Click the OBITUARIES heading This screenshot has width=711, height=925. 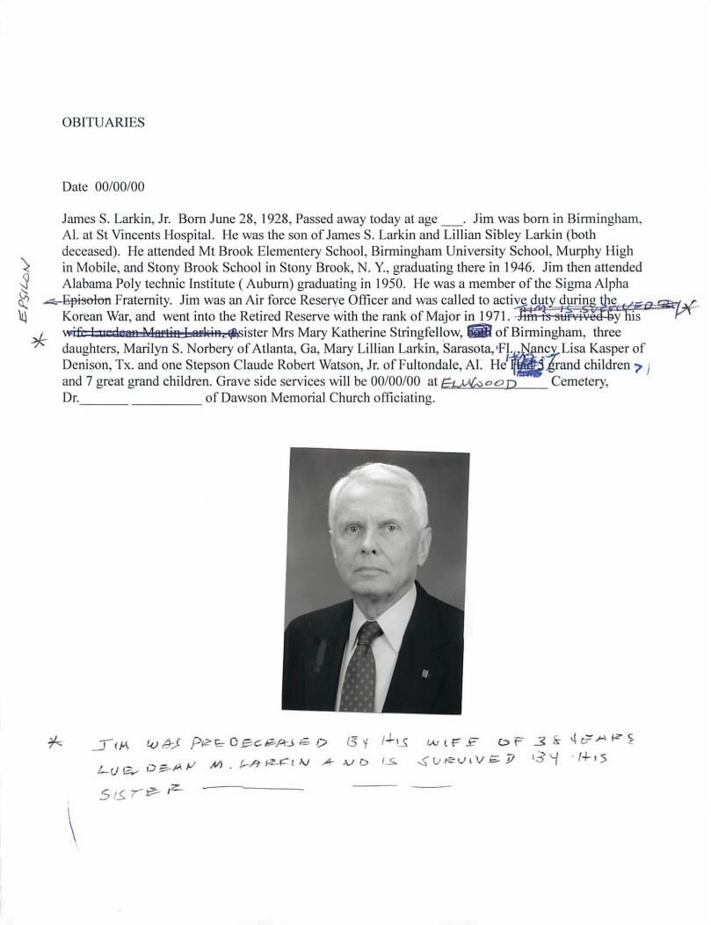click(103, 123)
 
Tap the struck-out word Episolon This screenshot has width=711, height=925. click(87, 300)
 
